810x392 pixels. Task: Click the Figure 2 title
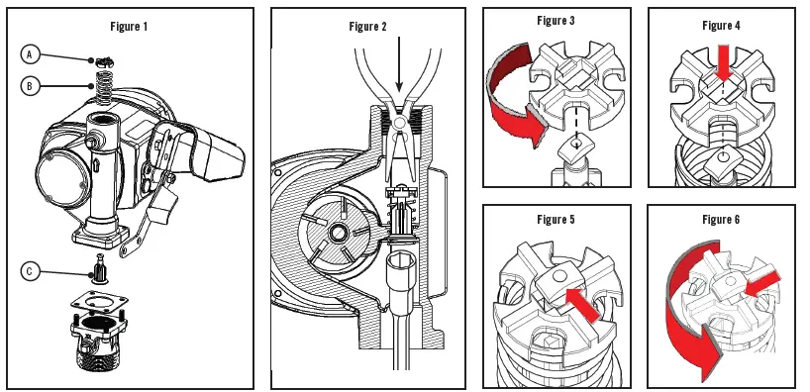[x=368, y=26]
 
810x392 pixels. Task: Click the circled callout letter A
[x=32, y=53]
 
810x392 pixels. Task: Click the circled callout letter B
[x=32, y=85]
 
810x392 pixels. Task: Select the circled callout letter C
[x=32, y=271]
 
